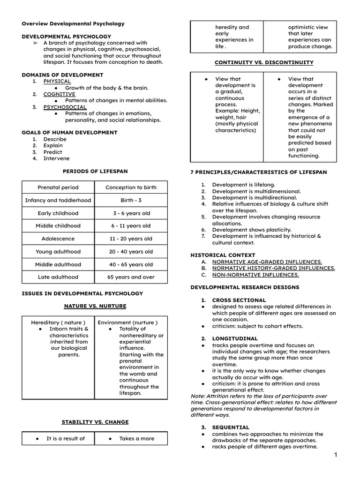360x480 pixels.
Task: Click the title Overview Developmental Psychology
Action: (73, 23)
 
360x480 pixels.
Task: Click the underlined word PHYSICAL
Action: (57, 81)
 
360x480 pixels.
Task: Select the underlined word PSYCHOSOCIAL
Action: (65, 107)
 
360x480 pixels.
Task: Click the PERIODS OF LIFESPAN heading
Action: (95, 172)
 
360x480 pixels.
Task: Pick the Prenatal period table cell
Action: (58, 187)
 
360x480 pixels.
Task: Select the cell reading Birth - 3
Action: (131, 201)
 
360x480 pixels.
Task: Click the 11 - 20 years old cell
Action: (131, 239)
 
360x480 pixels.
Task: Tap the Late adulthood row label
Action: (58, 277)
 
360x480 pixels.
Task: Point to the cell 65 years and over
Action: (131, 277)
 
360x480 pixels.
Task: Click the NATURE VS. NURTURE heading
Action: (95, 306)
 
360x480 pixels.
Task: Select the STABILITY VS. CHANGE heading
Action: (95, 422)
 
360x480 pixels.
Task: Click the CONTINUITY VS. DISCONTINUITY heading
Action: (264, 62)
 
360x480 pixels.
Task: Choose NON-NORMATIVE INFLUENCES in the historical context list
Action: (255, 275)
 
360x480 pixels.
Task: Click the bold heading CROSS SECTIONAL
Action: (239, 300)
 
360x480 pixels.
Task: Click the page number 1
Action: (336, 455)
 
